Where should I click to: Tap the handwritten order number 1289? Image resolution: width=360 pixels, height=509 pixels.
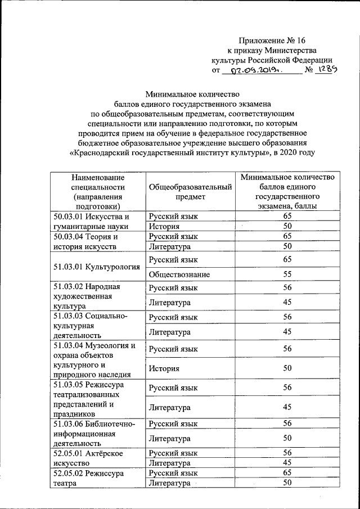click(x=327, y=71)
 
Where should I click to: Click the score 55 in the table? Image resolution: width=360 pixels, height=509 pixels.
click(x=287, y=274)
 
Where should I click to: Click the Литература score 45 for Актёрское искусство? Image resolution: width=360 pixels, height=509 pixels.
click(x=287, y=463)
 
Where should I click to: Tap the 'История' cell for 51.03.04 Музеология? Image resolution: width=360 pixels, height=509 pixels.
click(x=164, y=368)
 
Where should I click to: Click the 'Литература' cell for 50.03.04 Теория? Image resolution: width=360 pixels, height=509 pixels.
click(x=169, y=246)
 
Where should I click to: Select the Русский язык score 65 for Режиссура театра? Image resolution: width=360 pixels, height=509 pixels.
click(x=287, y=473)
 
